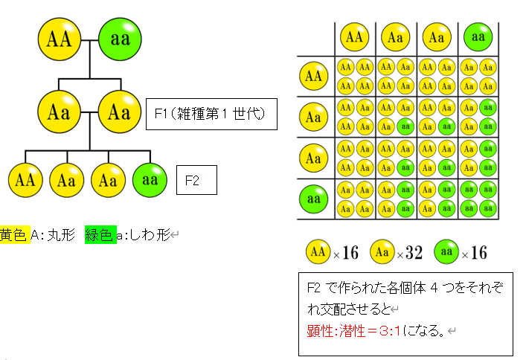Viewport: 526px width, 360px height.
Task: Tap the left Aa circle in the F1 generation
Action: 59,112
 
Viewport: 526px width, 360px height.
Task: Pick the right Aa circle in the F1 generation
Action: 119,112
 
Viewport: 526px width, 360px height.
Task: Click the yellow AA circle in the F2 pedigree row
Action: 25,180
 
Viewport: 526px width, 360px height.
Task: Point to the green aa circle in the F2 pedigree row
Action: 150,180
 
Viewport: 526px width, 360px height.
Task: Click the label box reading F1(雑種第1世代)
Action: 211,115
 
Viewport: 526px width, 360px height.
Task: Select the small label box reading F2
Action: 196,180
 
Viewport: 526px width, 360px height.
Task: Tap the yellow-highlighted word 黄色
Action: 14,236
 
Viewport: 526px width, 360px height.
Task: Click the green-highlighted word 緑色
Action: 100,236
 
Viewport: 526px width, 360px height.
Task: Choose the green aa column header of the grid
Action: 478,36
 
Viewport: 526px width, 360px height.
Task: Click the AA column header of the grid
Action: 355,36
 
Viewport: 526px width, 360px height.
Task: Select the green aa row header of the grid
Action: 314,199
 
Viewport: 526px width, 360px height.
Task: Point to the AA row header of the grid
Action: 314,76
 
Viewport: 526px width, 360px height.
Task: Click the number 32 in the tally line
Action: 414,253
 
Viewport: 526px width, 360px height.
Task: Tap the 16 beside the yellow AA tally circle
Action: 350,253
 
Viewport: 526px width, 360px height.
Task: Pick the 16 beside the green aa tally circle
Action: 478,253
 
